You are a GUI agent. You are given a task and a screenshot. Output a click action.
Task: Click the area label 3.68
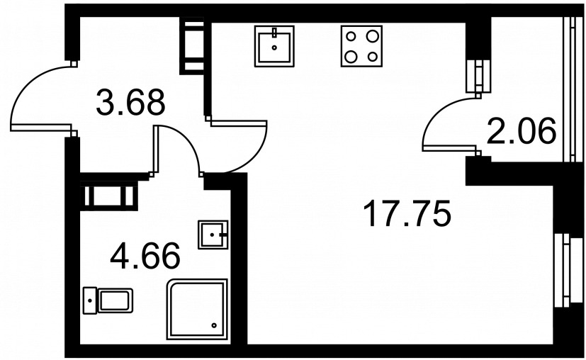(130, 103)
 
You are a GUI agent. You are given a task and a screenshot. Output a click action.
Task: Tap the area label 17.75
(407, 213)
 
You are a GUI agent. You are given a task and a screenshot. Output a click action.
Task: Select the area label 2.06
(522, 131)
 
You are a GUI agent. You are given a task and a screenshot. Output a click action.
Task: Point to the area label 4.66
(145, 257)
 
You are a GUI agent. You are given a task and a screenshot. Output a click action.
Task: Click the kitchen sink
(274, 46)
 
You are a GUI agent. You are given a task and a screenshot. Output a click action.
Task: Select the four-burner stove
(361, 46)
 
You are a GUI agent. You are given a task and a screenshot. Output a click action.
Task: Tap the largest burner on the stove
(372, 36)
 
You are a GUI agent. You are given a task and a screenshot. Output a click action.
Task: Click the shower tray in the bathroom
(197, 309)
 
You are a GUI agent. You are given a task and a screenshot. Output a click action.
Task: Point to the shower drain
(215, 325)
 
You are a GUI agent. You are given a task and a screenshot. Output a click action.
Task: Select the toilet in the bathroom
(108, 300)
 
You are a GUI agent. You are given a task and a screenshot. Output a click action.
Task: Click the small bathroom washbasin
(213, 235)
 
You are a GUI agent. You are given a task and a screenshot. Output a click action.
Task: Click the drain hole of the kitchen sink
(275, 47)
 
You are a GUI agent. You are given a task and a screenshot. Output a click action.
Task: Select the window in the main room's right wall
(563, 270)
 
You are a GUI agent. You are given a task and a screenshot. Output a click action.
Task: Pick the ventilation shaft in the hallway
(192, 46)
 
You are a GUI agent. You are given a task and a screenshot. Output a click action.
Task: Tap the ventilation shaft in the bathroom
(109, 196)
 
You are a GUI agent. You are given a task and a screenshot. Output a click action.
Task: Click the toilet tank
(90, 300)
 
